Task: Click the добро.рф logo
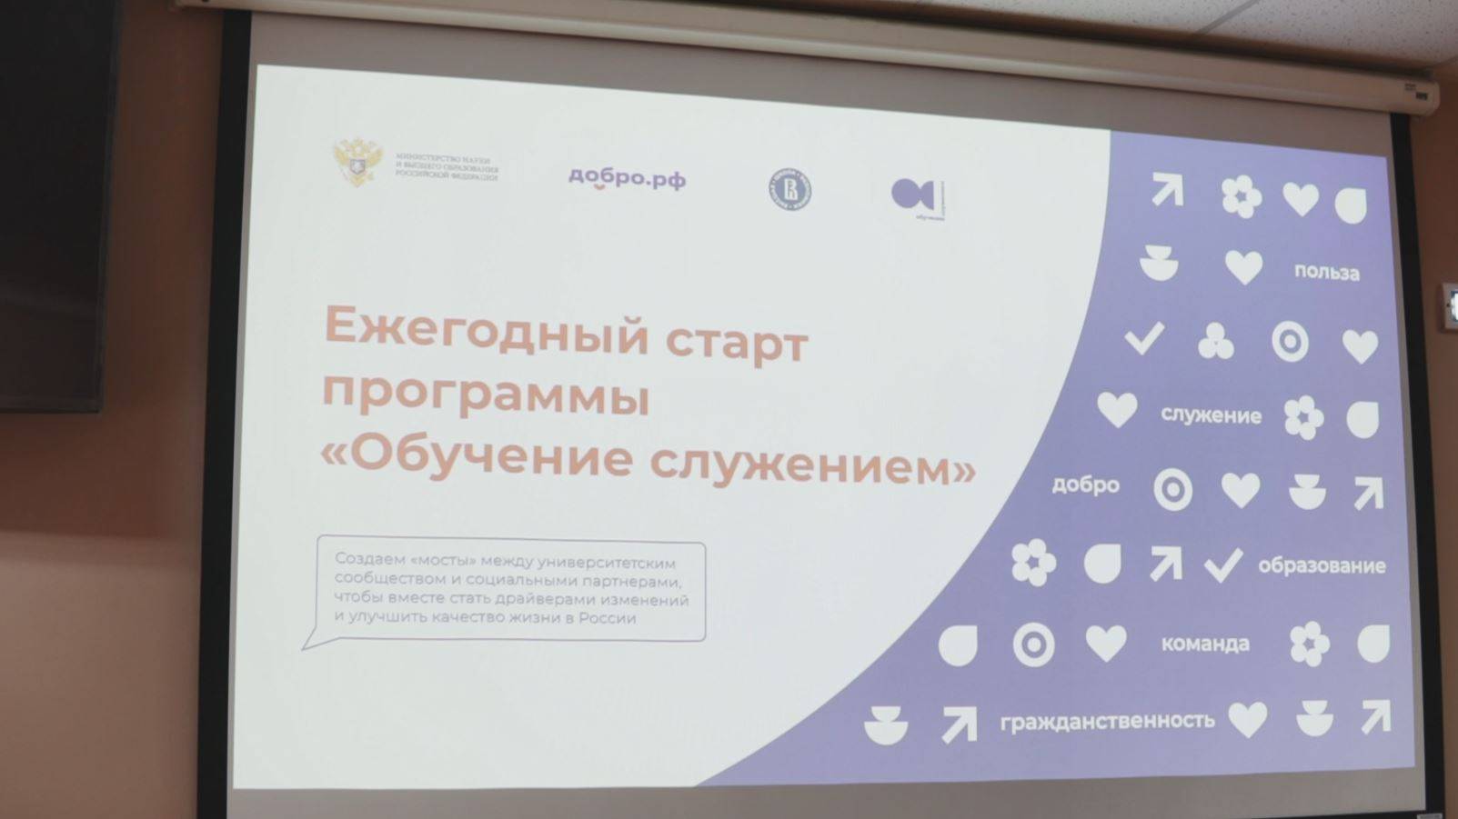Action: coord(627,179)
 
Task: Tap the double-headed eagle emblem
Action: coord(357,162)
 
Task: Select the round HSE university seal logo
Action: coord(789,190)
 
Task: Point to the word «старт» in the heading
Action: coord(736,343)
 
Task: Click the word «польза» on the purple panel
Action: coord(1326,273)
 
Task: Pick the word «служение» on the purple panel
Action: coord(1211,415)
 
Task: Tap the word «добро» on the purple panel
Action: coord(1085,484)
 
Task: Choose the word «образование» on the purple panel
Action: coord(1322,565)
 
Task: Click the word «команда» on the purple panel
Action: coord(1205,644)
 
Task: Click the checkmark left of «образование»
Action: coord(1223,564)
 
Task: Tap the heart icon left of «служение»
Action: coord(1117,410)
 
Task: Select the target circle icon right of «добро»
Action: coord(1172,490)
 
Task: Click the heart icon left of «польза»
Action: coord(1243,267)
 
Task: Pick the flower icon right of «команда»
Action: coord(1310,644)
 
